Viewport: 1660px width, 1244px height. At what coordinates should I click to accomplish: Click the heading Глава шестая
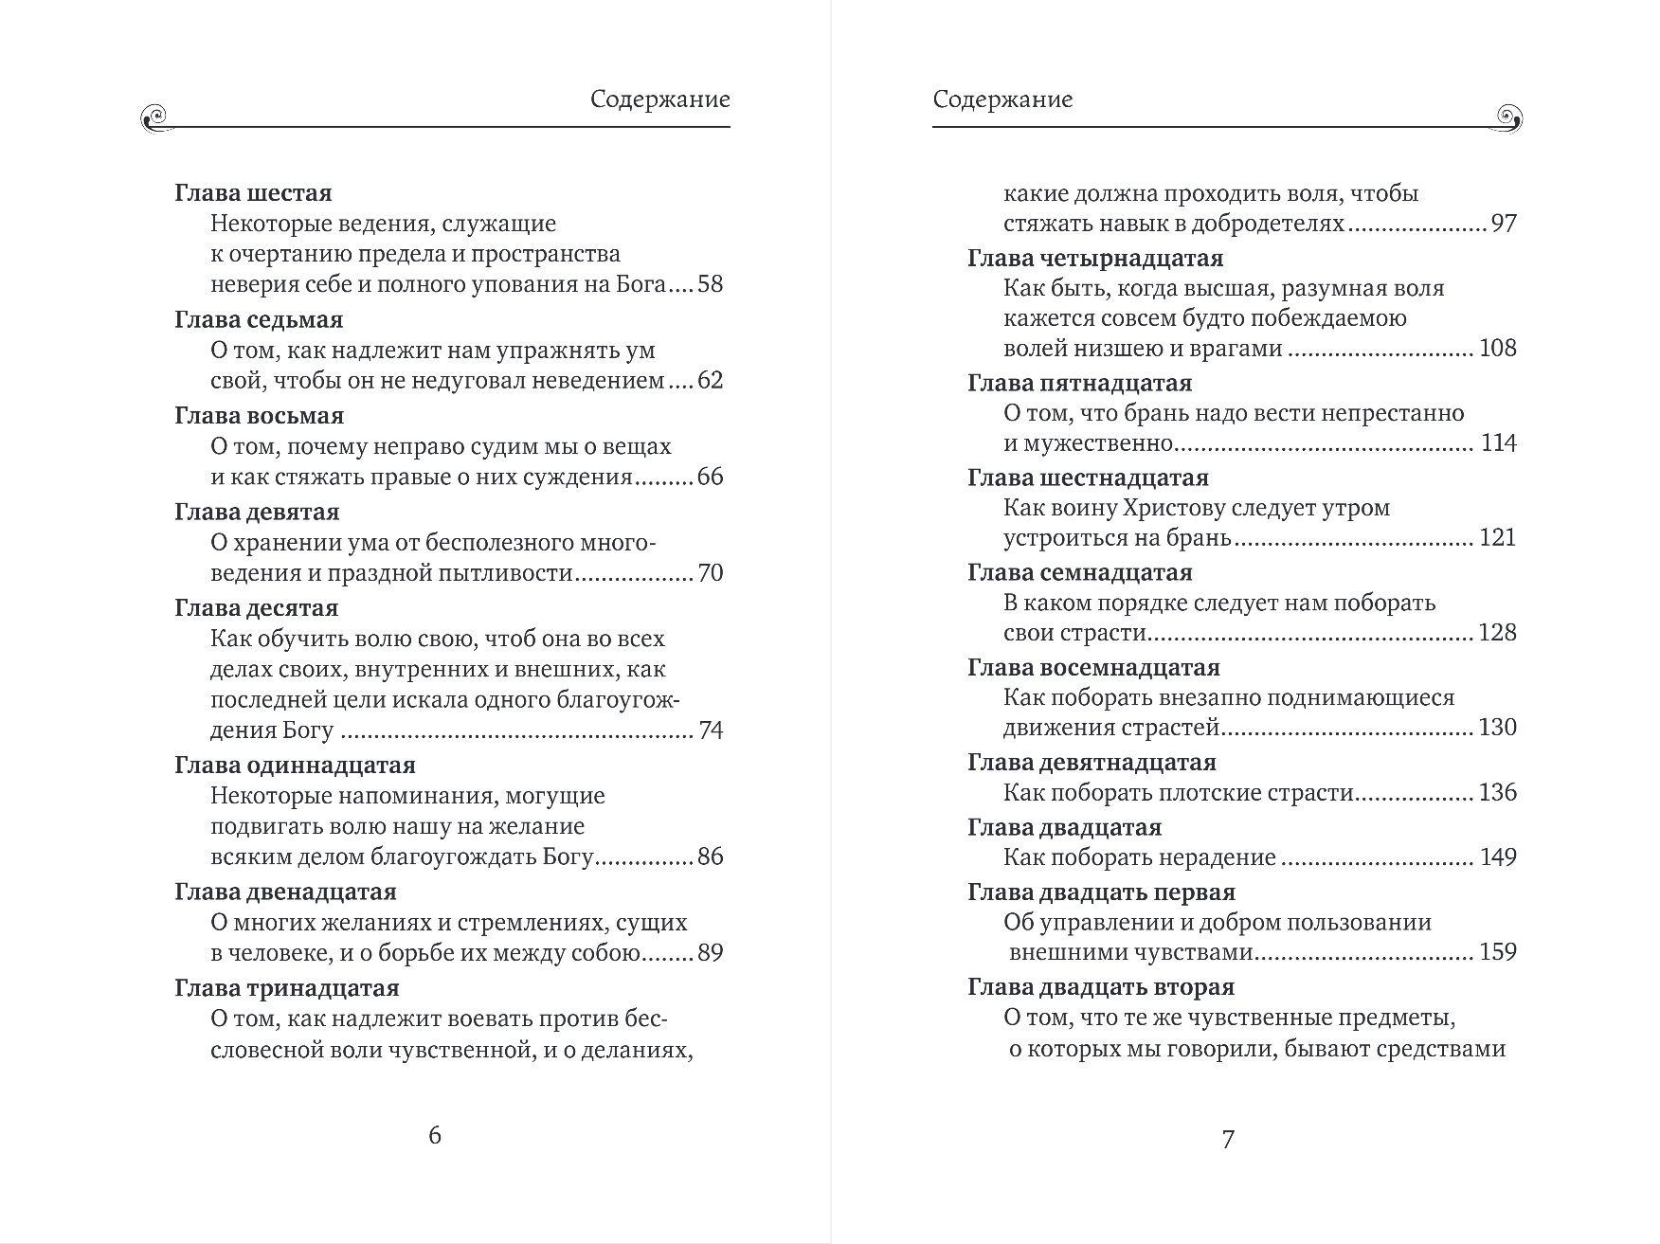pos(253,193)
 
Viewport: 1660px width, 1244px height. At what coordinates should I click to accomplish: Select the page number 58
pos(710,284)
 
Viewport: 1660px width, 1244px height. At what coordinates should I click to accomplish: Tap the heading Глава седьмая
pos(259,319)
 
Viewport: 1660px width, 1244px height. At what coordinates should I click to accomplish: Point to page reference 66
pos(710,477)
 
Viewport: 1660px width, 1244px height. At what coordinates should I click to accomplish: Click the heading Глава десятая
pos(256,607)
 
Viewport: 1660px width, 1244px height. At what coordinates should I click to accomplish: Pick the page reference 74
pos(710,730)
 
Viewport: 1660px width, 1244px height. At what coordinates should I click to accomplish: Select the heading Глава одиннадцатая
pos(295,765)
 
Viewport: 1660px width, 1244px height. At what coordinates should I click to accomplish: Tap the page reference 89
pos(710,952)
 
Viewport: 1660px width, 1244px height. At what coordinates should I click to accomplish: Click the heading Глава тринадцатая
pos(287,988)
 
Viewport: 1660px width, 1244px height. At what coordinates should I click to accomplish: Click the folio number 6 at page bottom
pos(435,1135)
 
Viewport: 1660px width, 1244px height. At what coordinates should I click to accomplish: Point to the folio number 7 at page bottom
pos(1228,1139)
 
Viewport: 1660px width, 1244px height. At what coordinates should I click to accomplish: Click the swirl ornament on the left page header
pos(153,117)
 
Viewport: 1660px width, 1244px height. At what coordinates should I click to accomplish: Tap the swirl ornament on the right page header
pos(1508,117)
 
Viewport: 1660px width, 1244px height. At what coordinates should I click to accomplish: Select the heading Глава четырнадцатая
pos(1095,259)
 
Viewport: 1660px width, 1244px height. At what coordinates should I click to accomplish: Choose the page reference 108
pos(1497,348)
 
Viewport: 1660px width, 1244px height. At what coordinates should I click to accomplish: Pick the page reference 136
pos(1497,792)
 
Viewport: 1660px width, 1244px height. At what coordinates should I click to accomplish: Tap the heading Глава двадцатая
pos(1064,827)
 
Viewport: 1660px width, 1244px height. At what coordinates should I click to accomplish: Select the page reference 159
pos(1497,952)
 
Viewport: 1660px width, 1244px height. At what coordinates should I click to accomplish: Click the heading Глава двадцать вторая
pos(1101,987)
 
